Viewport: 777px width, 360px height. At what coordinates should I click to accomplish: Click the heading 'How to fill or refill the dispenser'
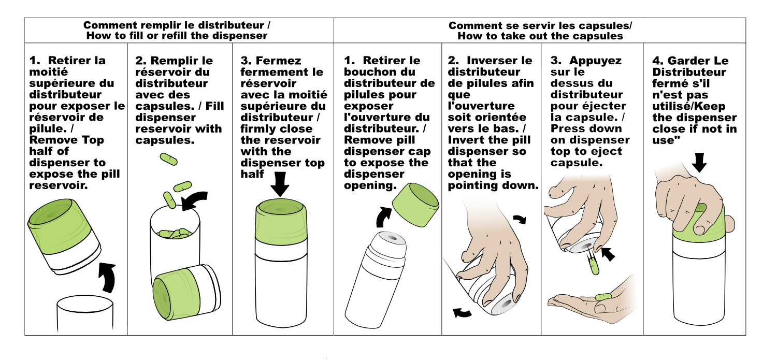click(177, 36)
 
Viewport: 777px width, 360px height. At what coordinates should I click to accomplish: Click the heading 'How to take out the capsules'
click(540, 36)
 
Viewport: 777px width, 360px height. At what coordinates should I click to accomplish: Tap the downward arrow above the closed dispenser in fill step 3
click(280, 184)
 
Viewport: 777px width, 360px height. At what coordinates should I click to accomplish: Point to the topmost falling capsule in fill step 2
click(168, 159)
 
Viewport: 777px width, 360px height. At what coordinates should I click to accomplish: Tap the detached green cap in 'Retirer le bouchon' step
click(415, 205)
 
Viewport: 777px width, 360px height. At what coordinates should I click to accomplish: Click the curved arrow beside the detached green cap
click(383, 217)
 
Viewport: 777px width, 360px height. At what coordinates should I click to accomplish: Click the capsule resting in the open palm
click(603, 297)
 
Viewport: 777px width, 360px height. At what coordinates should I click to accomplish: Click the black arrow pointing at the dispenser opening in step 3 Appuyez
click(608, 254)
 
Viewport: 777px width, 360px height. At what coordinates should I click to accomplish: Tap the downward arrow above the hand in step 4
click(699, 163)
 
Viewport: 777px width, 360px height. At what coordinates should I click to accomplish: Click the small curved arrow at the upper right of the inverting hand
click(520, 219)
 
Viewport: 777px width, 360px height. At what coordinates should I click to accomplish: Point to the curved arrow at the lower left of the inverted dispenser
click(463, 313)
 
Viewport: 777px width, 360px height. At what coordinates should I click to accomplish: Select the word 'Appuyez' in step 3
click(595, 61)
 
